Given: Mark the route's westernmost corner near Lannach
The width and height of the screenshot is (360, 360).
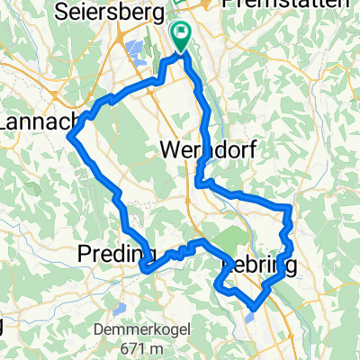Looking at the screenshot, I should click(69, 137).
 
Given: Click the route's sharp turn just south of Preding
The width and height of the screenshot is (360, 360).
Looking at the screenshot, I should click(142, 266).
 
